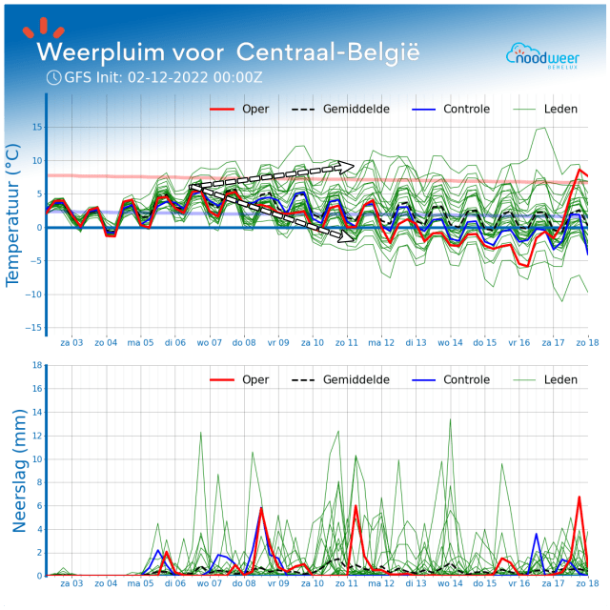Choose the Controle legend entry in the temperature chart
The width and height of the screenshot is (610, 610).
[466, 109]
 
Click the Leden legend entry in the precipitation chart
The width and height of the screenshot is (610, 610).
[559, 379]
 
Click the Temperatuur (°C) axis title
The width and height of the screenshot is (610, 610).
[13, 214]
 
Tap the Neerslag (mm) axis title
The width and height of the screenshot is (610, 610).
[18, 470]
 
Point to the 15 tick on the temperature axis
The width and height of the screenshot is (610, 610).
[35, 128]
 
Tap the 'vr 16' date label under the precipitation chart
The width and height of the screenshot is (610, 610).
[518, 582]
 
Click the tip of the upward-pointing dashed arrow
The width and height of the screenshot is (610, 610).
[353, 165]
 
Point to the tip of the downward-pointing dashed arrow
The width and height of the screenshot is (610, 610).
[354, 226]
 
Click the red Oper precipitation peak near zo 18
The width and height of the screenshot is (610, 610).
[579, 497]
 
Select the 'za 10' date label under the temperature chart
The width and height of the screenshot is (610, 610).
[313, 342]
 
